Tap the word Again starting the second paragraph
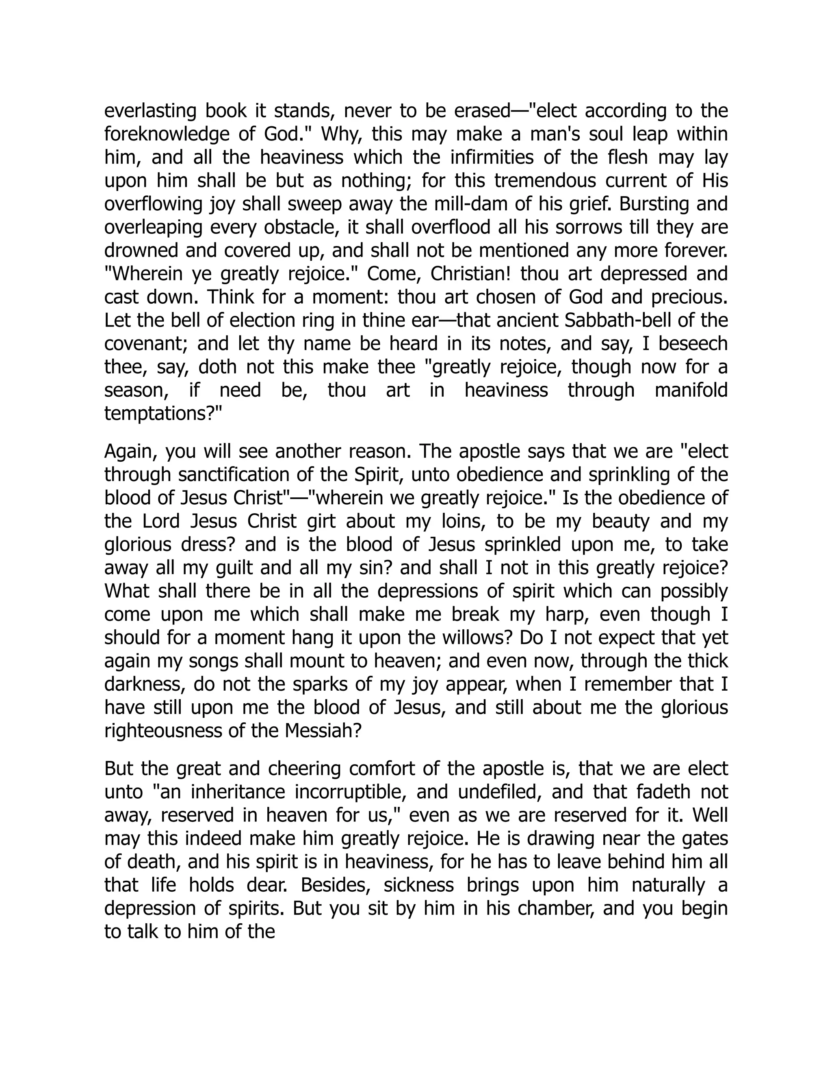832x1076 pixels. coord(130,452)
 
